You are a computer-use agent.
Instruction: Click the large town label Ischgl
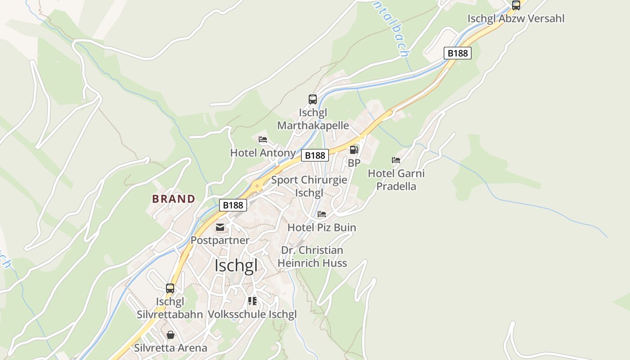coord(236,265)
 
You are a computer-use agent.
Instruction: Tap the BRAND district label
coord(174,199)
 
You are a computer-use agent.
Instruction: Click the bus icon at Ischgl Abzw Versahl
coord(516,5)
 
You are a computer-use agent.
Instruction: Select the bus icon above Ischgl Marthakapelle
coord(312,99)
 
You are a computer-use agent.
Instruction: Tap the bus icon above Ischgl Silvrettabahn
coord(170,288)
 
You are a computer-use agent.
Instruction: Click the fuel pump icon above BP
coord(354,150)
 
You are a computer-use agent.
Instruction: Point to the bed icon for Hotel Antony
coord(263,139)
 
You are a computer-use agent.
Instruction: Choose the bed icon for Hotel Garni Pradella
coord(396,160)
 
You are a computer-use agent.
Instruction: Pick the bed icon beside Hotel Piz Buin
coord(322,214)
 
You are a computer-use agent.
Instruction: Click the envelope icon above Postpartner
coord(220,227)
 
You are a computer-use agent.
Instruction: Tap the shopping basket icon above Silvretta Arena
coord(171,335)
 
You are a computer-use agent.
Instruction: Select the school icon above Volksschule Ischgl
coord(252,301)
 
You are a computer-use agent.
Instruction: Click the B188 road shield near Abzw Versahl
coord(458,53)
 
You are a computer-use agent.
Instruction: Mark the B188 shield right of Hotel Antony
coord(315,155)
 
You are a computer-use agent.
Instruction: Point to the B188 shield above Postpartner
coord(233,205)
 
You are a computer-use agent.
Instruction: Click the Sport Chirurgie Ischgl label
coord(309,186)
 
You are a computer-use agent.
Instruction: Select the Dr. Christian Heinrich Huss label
coord(312,256)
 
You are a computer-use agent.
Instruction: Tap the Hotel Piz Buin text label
coord(322,228)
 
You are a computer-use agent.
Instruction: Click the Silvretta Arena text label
coord(171,348)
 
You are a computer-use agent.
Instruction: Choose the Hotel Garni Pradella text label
coord(396,180)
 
